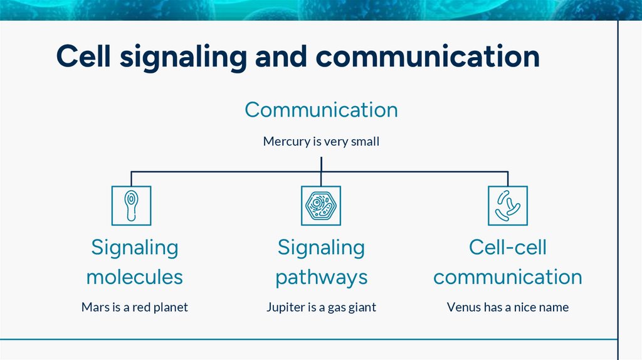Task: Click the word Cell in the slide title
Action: (83, 56)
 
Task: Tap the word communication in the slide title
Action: (428, 56)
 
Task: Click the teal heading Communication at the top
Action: (321, 110)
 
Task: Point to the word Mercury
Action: (286, 142)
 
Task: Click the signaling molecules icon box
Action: (131, 206)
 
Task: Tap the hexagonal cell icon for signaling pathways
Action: (321, 206)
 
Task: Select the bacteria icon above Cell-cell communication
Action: (508, 206)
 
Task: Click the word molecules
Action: (135, 277)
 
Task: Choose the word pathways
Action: (321, 277)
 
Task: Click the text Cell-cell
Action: (508, 247)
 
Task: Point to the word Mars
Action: (94, 307)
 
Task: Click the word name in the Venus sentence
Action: (554, 307)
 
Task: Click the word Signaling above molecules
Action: (135, 247)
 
